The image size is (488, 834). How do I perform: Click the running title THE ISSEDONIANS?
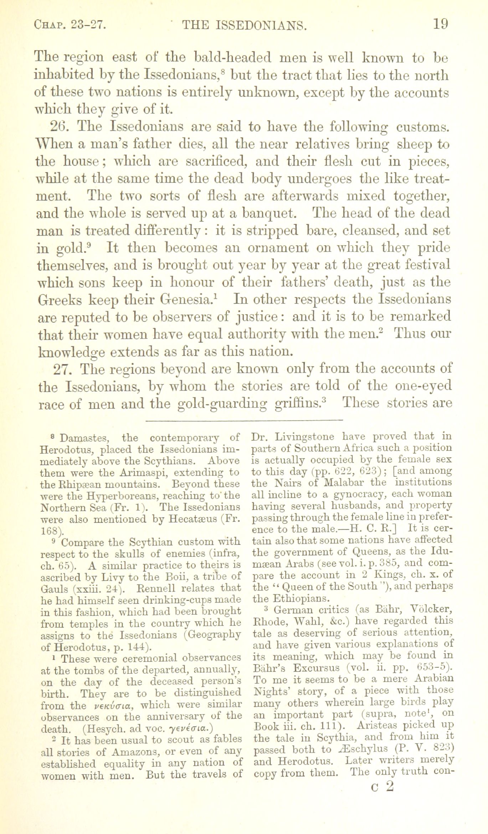pos(244,25)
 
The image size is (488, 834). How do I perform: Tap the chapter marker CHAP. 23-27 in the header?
pos(70,25)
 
